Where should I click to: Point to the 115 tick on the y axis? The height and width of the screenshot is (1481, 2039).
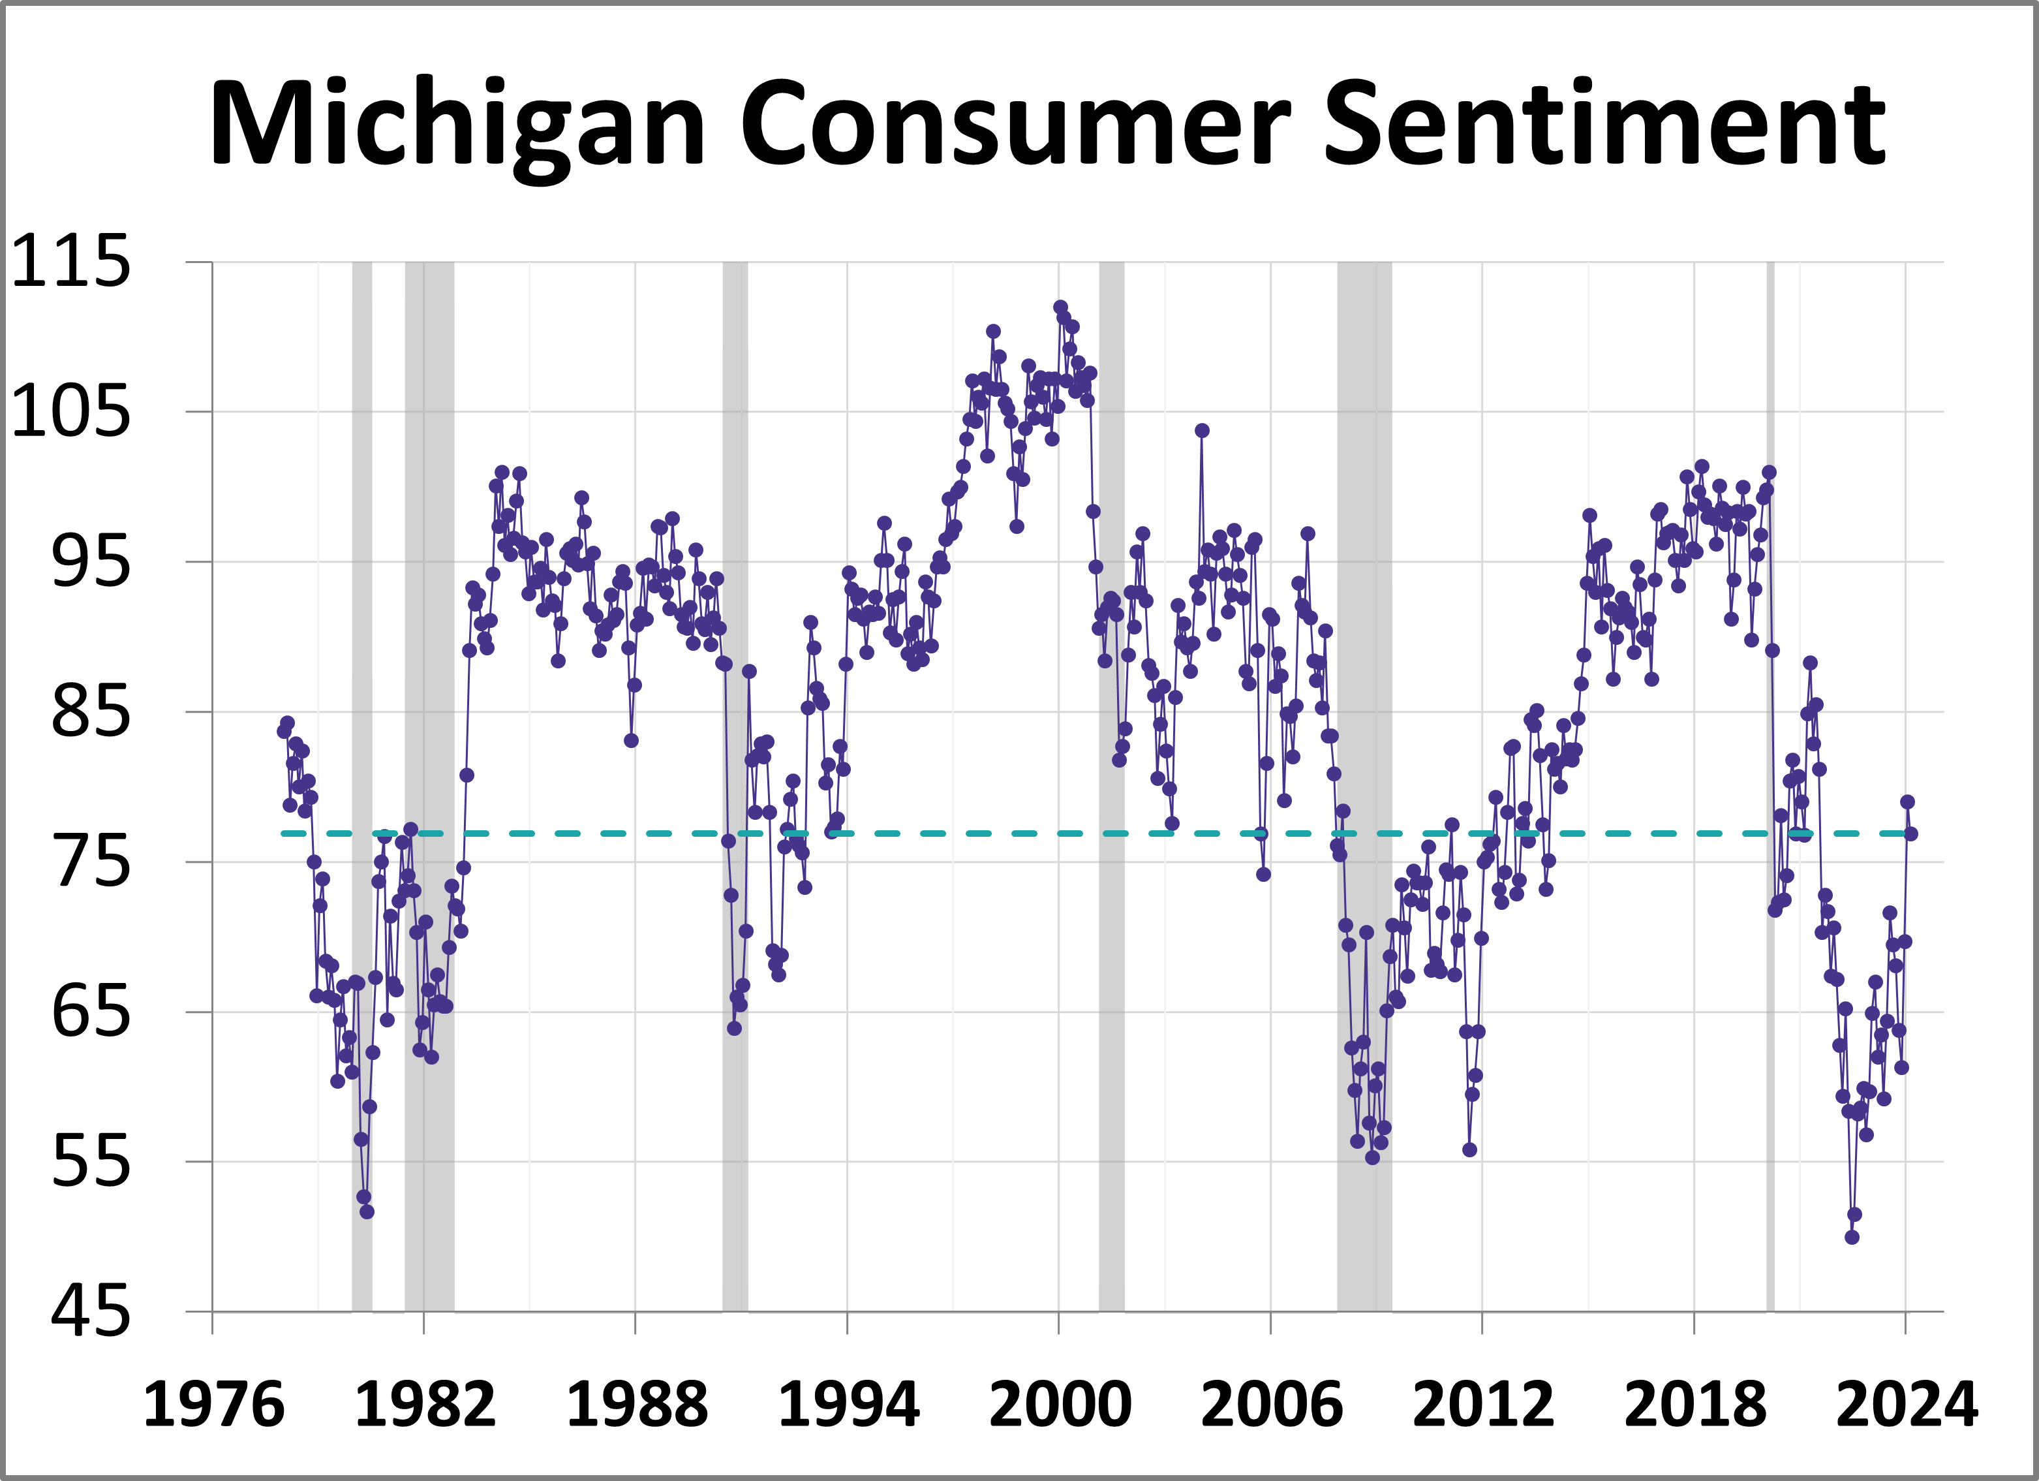pos(70,262)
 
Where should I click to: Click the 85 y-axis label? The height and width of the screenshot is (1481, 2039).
pos(90,713)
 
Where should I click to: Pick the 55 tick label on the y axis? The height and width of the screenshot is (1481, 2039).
pos(90,1162)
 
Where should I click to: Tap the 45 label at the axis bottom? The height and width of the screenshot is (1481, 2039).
pos(90,1313)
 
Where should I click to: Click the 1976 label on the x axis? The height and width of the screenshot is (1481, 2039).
pos(213,1405)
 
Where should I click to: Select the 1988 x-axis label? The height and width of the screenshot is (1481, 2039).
pos(637,1405)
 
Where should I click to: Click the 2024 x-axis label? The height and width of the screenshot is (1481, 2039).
pos(1906,1405)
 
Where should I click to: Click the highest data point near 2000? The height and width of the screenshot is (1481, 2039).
pos(1061,307)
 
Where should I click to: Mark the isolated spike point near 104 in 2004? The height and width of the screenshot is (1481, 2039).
pos(1202,431)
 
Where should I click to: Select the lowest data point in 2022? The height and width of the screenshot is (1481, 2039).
pos(1852,1238)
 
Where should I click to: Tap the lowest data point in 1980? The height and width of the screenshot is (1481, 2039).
pos(367,1212)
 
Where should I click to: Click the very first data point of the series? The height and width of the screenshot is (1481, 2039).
pos(284,731)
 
